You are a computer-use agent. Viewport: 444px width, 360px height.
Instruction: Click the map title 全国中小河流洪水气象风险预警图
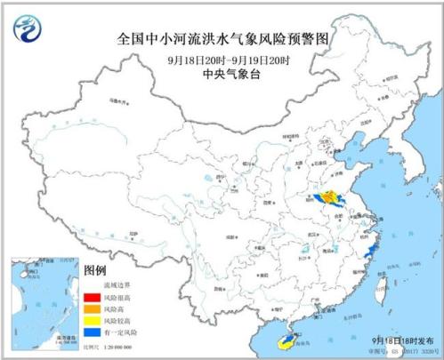pos(222,39)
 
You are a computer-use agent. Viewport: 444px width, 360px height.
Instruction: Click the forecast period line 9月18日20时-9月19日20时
pos(222,59)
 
